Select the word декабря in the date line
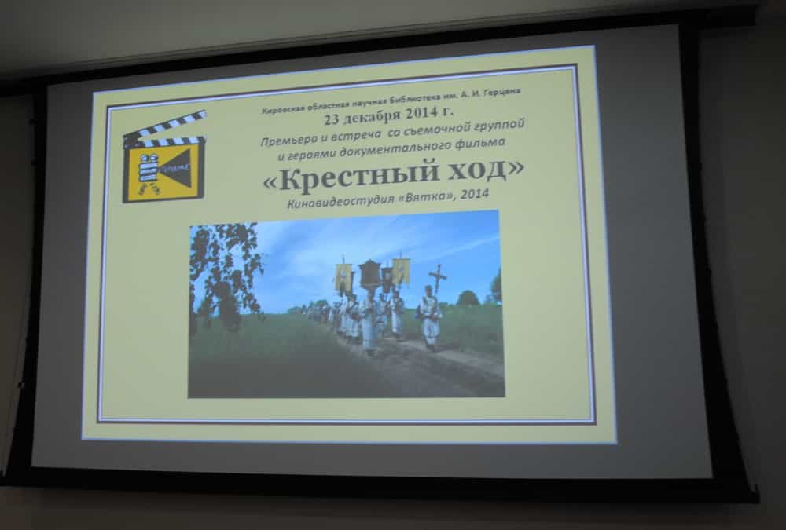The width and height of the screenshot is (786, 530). point(373,117)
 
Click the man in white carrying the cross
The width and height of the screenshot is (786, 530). point(429,319)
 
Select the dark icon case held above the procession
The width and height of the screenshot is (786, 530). point(369,274)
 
